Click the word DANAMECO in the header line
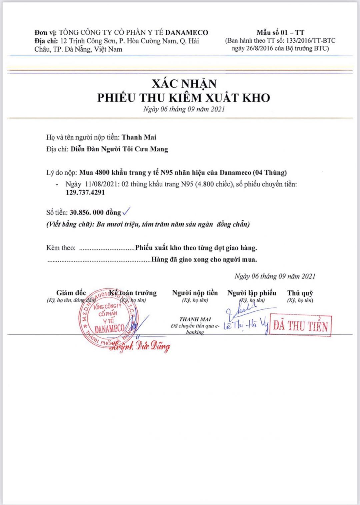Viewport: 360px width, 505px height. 186,32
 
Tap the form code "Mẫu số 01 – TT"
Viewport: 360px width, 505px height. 280,32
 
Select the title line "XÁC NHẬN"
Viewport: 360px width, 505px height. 184,83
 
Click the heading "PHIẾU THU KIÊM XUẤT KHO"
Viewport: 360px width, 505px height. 184,98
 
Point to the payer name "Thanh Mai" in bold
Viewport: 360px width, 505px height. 139,137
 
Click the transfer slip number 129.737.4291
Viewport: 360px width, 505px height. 85,192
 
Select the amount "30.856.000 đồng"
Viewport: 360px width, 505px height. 95,212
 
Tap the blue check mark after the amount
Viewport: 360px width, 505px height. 127,211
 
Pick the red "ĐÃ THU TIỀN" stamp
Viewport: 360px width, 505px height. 300,325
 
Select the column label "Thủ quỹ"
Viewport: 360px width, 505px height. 300,293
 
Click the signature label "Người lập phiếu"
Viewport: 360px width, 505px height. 252,293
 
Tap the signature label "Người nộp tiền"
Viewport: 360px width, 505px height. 195,293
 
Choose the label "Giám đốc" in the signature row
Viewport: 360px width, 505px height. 71,293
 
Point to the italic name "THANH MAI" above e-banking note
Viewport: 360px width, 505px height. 195,319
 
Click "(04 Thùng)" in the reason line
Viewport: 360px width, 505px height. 270,172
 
